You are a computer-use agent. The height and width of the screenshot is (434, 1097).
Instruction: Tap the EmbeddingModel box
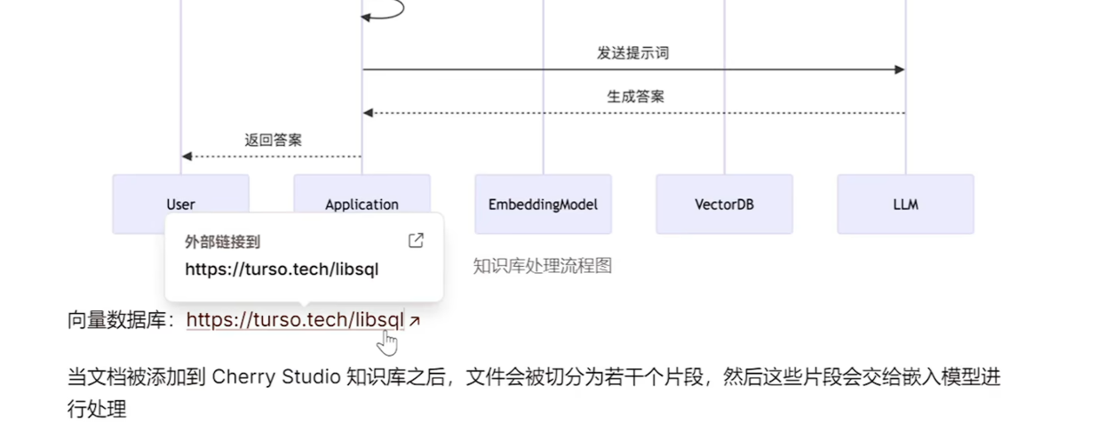point(543,204)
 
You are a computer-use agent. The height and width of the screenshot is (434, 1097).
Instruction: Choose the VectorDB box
point(724,204)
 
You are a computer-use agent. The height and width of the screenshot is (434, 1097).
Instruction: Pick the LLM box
point(905,204)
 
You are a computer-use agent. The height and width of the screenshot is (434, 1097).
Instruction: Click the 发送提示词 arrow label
point(632,53)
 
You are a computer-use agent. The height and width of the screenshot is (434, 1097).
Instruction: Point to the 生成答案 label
point(635,96)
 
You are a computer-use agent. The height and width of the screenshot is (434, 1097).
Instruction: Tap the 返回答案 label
point(274,140)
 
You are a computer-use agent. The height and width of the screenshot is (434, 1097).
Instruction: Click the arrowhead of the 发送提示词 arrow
point(900,69)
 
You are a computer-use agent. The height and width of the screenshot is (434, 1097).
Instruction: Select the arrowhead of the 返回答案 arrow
point(187,157)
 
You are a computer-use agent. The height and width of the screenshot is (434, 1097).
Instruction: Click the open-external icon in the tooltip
point(415,241)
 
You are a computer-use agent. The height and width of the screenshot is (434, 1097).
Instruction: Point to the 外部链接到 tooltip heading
point(223,242)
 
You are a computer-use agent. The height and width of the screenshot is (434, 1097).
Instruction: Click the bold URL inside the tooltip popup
point(282,269)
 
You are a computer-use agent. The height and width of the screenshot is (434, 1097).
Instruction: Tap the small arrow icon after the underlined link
point(414,321)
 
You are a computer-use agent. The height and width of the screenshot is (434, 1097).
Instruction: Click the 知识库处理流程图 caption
point(542,266)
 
